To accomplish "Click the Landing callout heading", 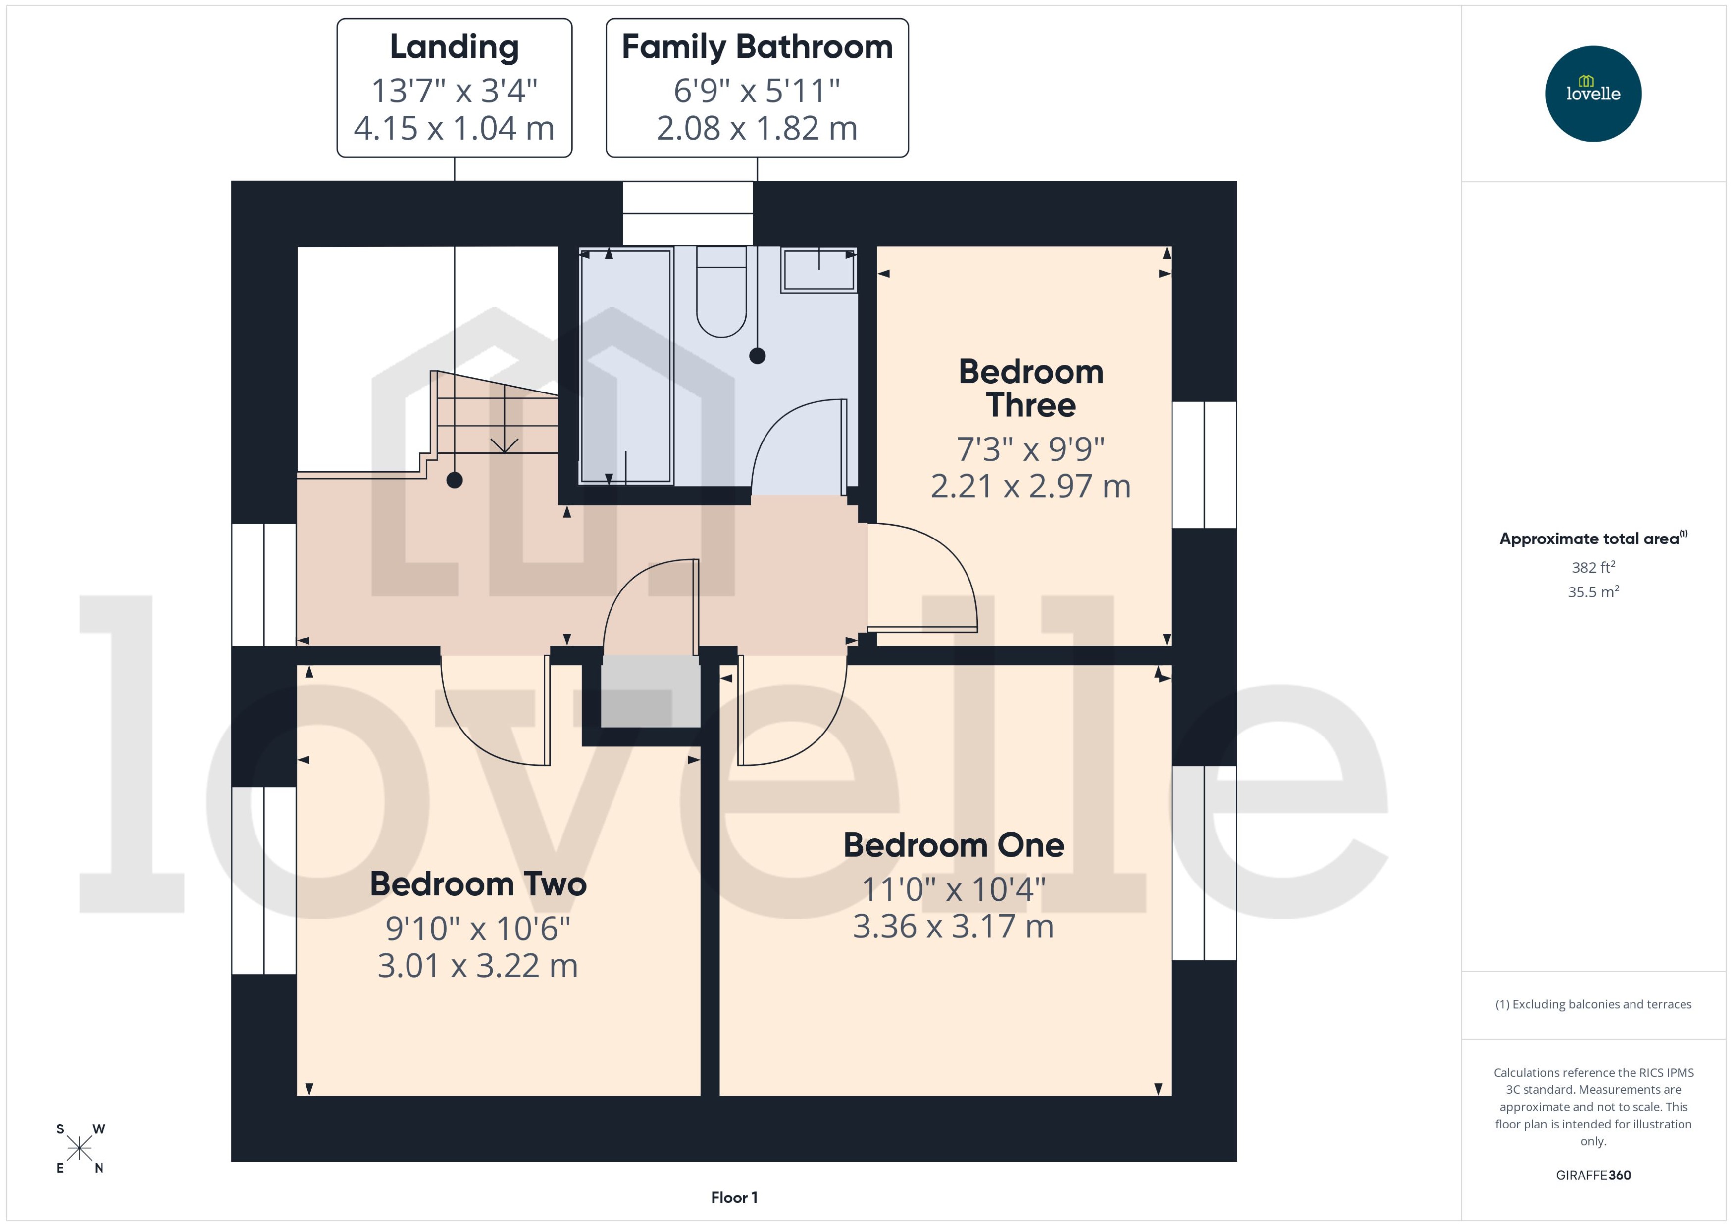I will (454, 47).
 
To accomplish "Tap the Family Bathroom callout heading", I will (757, 47).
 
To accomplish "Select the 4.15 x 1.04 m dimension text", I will (454, 128).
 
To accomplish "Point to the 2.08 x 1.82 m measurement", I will (757, 128).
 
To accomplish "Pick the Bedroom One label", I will (953, 845).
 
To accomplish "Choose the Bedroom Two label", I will (478, 884).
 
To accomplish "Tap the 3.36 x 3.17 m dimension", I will (953, 926).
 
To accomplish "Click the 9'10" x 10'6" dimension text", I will (478, 928).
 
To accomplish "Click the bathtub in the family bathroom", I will (625, 366).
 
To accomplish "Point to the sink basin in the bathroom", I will (818, 270).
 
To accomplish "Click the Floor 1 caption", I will (734, 1197).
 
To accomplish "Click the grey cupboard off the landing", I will (650, 691).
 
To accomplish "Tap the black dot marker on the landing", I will (454, 480).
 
